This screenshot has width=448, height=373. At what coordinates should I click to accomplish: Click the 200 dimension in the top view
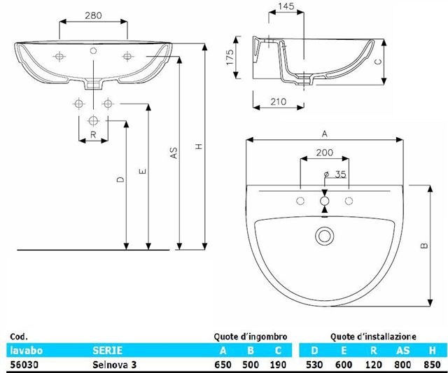pos(324,152)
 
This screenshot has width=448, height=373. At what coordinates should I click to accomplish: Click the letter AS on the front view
pos(174,153)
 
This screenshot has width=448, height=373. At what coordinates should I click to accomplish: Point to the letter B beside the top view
pos(424,246)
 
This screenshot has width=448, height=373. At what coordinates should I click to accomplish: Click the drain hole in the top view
pos(324,234)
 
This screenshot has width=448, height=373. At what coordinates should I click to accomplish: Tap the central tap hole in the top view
pos(324,202)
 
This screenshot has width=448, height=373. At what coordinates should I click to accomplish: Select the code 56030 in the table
pos(22,364)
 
